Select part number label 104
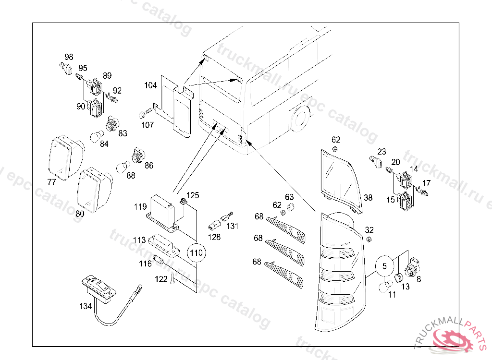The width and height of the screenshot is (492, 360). pos(150,85)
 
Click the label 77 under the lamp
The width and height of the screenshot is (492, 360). pos(51,182)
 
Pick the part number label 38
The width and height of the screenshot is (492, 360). pos(368,197)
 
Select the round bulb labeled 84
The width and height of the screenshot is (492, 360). pos(96,138)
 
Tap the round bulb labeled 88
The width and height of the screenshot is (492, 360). pos(122,168)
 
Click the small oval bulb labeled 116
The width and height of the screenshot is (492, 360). pos(159,261)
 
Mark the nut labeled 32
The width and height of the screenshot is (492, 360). pos(369,239)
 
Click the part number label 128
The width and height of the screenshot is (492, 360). pos(214,237)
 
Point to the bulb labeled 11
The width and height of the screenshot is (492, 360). pos(384,287)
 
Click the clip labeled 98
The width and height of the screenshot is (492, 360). pos(66,67)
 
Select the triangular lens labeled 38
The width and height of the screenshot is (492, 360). pos(339,175)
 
